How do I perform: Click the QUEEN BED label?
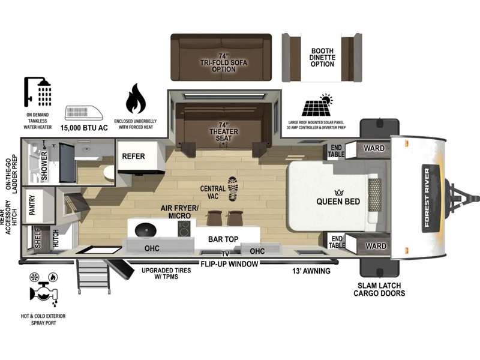pyautogui.click(x=338, y=202)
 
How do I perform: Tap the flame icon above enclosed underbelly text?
pyautogui.click(x=136, y=98)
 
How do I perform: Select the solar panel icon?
pyautogui.click(x=317, y=106)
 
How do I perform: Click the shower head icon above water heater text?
pyautogui.click(x=37, y=92)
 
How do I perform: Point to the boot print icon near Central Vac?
pyautogui.click(x=233, y=188)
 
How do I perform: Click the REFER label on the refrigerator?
pyautogui.click(x=133, y=157)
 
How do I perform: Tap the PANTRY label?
pyautogui.click(x=32, y=205)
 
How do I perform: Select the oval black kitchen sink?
pyautogui.click(x=145, y=230)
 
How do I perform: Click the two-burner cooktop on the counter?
pyautogui.click(x=184, y=229)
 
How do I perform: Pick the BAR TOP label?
pyautogui.click(x=223, y=239)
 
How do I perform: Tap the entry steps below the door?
pyautogui.click(x=94, y=276)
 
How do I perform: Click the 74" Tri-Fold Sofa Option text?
pyautogui.click(x=223, y=63)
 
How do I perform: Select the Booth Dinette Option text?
pyautogui.click(x=322, y=58)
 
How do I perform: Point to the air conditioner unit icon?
pyautogui.click(x=84, y=113)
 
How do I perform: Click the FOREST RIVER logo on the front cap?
pyautogui.click(x=427, y=198)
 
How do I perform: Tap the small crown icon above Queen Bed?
pyautogui.click(x=339, y=193)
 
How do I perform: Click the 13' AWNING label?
pyautogui.click(x=311, y=271)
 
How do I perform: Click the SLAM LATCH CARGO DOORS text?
pyautogui.click(x=379, y=289)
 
